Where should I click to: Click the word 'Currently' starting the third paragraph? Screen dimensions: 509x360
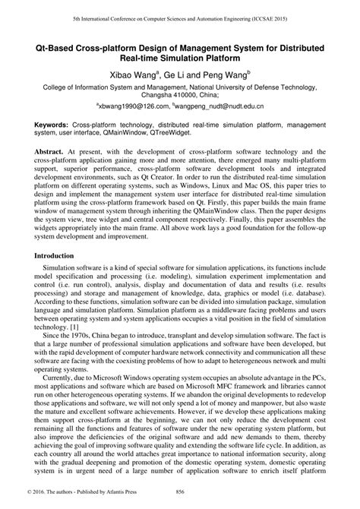(x=60, y=380)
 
